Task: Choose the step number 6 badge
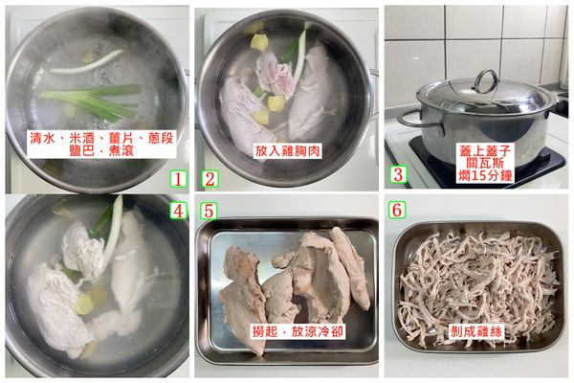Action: [401, 208]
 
